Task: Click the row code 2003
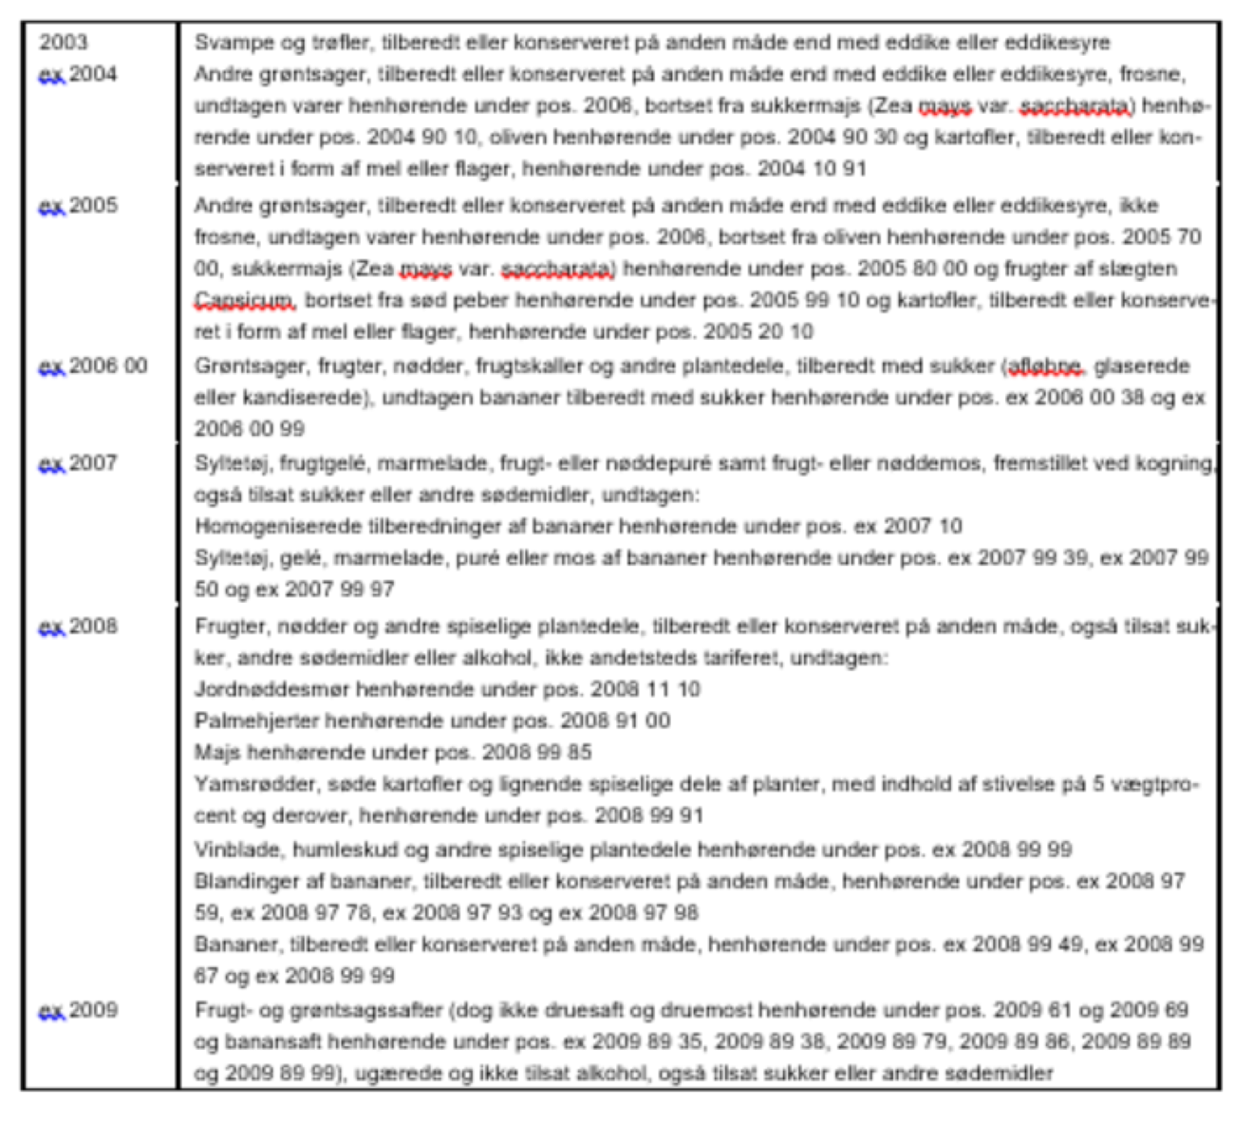64,43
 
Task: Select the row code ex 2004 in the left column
78,74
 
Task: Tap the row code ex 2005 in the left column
78,205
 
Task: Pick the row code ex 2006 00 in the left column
93,365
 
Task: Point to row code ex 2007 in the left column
78,463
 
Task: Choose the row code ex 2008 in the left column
78,626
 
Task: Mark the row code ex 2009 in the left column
78,1010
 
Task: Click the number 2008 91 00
615,720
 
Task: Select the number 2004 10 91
812,169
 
